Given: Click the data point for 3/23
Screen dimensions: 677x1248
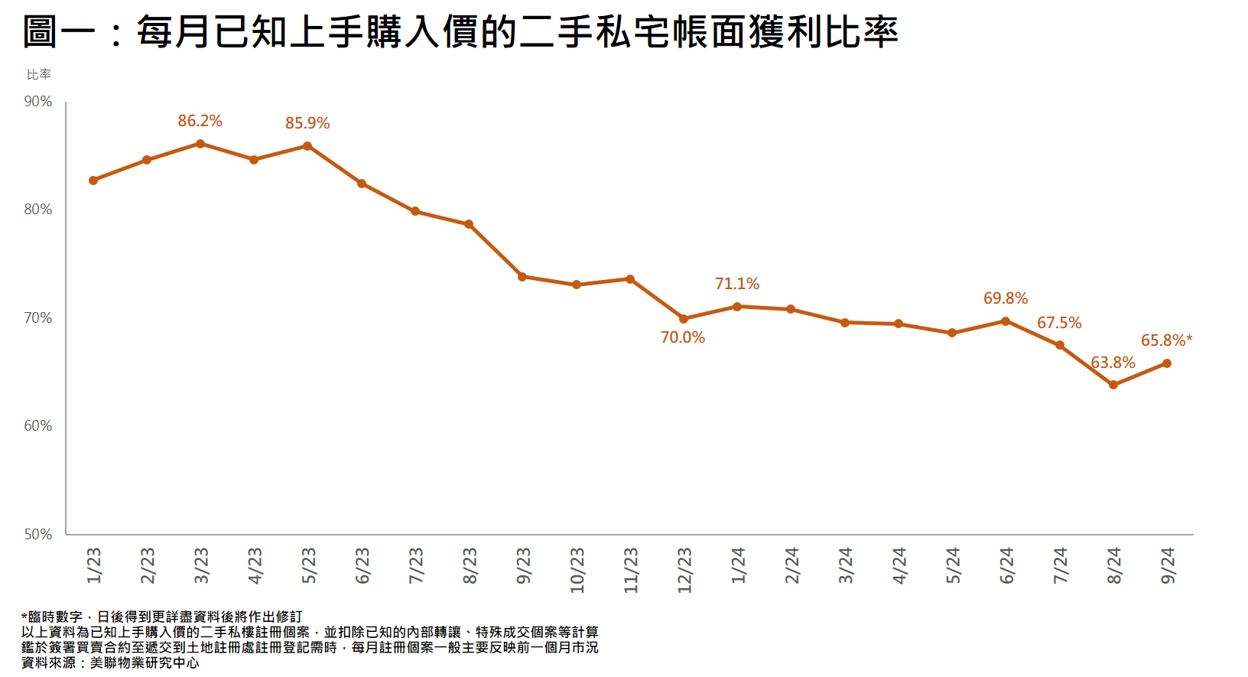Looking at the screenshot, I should tap(200, 144).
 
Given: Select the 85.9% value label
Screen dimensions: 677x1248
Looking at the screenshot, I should tap(307, 123).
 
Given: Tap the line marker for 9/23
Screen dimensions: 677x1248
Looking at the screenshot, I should tap(522, 277).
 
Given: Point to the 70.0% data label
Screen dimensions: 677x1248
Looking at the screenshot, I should tap(683, 337).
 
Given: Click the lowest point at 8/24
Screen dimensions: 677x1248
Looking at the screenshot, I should tap(1113, 385).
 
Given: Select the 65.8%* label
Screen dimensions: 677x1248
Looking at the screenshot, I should tap(1166, 340).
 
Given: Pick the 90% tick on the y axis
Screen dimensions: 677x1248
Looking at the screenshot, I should tap(38, 102).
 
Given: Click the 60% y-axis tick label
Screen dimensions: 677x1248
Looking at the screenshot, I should tap(38, 426).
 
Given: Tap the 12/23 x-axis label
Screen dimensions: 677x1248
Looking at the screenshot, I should tap(684, 570).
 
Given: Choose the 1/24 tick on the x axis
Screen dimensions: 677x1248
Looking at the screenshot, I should tap(738, 566).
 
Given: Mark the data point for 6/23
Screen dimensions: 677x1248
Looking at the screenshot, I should tap(362, 184).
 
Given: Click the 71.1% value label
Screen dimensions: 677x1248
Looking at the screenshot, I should tap(737, 284).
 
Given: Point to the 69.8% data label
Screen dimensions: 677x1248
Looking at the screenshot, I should tap(1006, 298).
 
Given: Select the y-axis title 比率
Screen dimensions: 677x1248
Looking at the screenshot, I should tap(39, 74).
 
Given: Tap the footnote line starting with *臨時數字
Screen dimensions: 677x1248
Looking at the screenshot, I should tap(162, 617).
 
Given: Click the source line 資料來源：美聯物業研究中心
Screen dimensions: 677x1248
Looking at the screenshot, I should tap(110, 662).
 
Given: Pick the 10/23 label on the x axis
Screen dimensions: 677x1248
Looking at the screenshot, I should tap(577, 570).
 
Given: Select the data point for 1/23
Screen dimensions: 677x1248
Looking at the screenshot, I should tap(93, 181).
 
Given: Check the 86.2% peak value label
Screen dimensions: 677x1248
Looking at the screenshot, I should tap(200, 121).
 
